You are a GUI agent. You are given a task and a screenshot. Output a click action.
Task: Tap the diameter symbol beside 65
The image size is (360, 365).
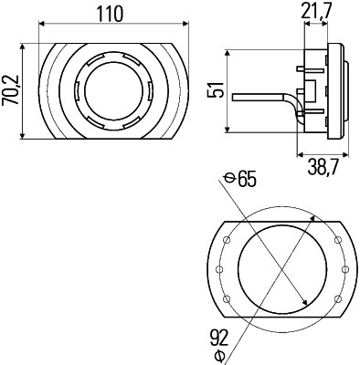(228, 179)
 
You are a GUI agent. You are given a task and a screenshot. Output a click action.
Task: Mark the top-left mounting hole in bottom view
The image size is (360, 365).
(224, 240)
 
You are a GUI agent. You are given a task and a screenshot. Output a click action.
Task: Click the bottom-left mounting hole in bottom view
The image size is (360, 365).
(224, 298)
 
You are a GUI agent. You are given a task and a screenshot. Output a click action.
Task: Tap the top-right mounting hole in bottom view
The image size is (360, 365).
(337, 240)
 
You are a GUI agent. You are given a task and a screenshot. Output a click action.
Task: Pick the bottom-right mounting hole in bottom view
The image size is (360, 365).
(337, 298)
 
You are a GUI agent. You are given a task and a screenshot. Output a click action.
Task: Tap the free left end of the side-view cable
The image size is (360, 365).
(234, 95)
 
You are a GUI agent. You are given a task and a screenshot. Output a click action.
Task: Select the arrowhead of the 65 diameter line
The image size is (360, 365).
(306, 307)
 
